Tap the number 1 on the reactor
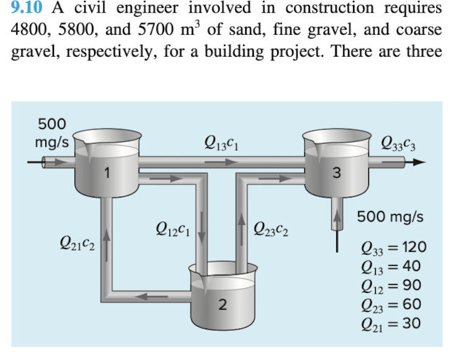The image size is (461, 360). click(x=107, y=173)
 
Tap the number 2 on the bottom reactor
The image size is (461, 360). click(x=222, y=305)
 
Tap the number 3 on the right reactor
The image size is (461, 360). click(x=336, y=173)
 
